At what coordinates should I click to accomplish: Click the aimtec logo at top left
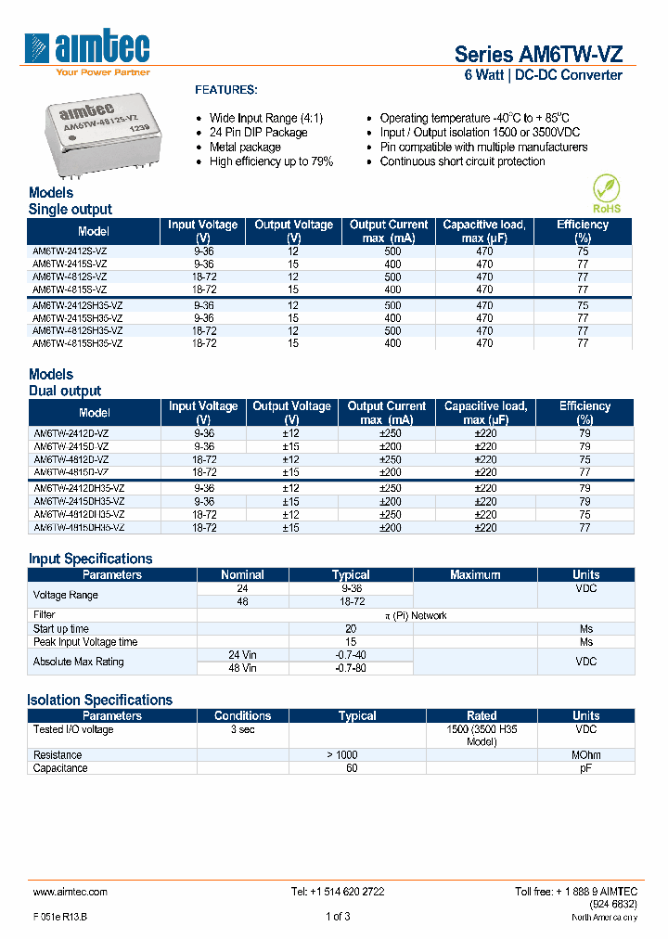click(89, 52)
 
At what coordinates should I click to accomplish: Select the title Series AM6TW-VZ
click(532, 54)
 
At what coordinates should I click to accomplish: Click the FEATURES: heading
click(225, 90)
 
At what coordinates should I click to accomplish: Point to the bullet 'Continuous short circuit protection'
click(462, 161)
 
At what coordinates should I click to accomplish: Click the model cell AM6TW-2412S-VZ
click(70, 251)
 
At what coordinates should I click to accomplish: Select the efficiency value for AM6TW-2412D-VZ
click(584, 433)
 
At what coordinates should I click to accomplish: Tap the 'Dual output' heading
click(65, 391)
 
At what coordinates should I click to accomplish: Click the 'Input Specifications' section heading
click(90, 559)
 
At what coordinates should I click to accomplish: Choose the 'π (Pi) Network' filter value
click(416, 615)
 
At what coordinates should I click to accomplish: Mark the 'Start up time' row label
click(62, 628)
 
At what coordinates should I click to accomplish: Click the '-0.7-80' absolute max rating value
click(351, 668)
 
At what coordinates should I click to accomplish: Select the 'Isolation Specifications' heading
click(100, 700)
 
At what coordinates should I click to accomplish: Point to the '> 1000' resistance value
click(342, 755)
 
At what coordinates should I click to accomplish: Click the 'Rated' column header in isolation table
click(482, 715)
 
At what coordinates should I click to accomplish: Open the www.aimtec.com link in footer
click(71, 891)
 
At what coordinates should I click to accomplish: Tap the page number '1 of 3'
click(338, 917)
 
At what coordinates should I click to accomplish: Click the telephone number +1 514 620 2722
click(338, 891)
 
